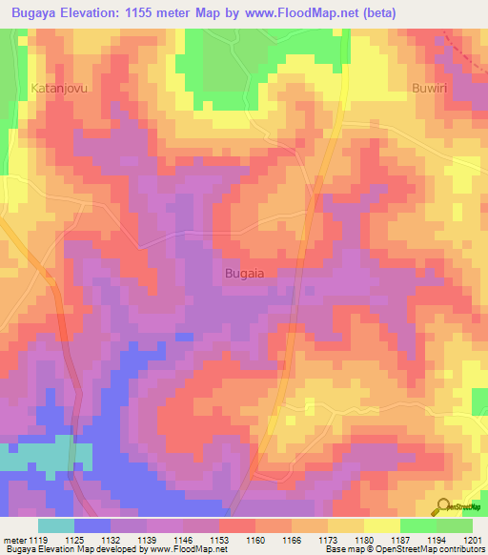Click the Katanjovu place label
pyautogui.click(x=59, y=87)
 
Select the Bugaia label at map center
pyautogui.click(x=244, y=273)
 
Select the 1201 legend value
pyautogui.click(x=473, y=540)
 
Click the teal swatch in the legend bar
pyautogui.click(x=55, y=525)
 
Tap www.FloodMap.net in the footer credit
pyautogui.click(x=185, y=549)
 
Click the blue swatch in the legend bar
pyautogui.click(x=91, y=525)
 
